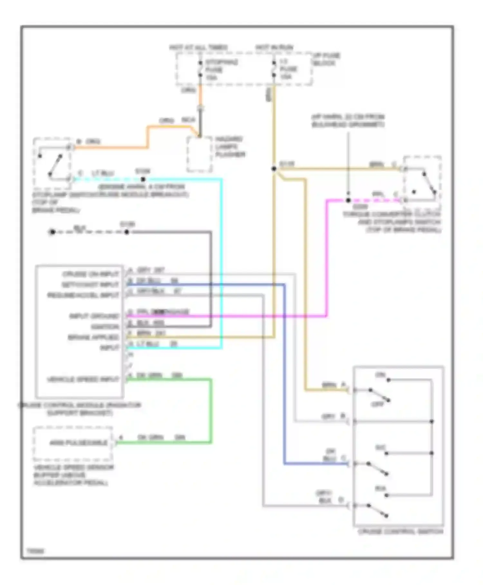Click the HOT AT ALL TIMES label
pos(198,47)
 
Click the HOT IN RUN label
pos(274,47)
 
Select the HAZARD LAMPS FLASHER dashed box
pos(199,154)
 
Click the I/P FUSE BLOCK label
pos(326,59)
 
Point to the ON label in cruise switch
pos(380,375)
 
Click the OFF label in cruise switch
pos(378,404)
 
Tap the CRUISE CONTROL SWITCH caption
pos(400,531)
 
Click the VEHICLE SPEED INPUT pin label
pos(83,379)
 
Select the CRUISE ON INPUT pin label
pos(90,274)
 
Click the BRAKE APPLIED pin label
pos(93,337)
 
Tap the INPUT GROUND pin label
pos(94,316)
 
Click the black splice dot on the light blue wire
pos(143,179)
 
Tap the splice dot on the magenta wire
pos(348,200)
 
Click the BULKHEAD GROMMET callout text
pos(348,124)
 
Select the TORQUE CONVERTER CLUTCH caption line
pos(391,214)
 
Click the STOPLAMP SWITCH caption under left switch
pos(110,194)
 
